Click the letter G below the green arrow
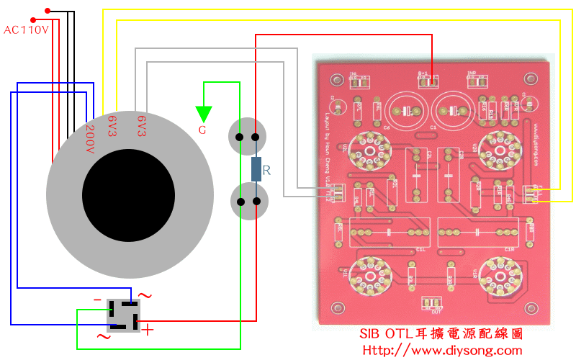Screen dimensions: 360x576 (x=202, y=130)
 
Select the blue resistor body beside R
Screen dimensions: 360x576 (x=256, y=169)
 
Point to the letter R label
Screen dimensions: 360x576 (x=267, y=171)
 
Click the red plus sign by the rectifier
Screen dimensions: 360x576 (x=148, y=330)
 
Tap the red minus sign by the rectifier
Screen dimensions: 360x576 (x=97, y=299)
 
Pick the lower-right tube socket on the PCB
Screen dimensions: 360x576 (x=499, y=274)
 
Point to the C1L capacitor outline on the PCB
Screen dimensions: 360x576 (x=389, y=233)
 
